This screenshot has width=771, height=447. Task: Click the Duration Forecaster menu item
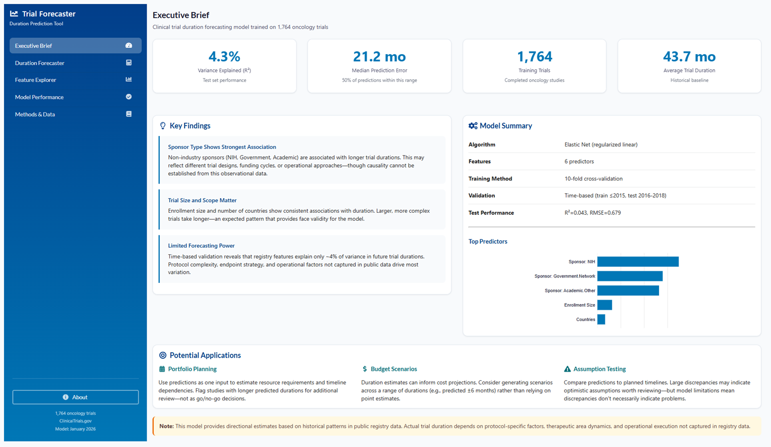point(40,63)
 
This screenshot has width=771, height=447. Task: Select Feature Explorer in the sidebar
point(36,80)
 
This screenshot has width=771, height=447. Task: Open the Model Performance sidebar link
point(39,97)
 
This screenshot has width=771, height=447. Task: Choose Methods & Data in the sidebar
point(35,114)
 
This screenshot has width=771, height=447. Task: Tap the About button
point(75,397)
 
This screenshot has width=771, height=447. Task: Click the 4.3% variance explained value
point(224,57)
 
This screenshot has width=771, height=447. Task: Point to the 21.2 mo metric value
point(379,57)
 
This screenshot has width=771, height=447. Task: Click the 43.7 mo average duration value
point(689,57)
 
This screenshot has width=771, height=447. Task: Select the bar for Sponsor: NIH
point(637,262)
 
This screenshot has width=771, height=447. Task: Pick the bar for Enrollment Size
point(604,305)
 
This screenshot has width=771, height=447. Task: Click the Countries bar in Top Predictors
point(601,320)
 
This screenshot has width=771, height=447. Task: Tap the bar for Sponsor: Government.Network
point(629,276)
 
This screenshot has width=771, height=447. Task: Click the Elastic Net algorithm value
point(600,145)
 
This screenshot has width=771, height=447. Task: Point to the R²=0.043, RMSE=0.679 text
point(592,213)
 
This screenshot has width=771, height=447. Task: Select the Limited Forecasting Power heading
point(201,246)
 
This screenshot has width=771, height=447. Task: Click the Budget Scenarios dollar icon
point(365,369)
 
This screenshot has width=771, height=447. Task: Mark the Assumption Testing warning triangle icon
point(567,369)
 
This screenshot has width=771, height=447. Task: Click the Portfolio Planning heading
point(192,369)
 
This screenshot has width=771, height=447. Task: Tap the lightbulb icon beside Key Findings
point(163,126)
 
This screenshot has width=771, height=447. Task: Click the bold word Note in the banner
point(166,426)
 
